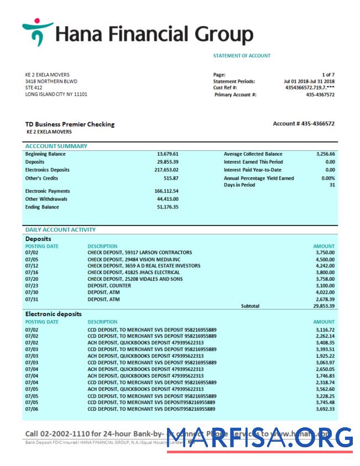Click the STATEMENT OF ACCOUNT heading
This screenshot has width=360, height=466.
point(242,56)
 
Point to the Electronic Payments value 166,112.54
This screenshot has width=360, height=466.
point(166,191)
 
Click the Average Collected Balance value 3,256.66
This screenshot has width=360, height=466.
point(325,154)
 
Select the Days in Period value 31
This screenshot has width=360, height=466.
point(332,185)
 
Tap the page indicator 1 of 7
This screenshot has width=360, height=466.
point(328,75)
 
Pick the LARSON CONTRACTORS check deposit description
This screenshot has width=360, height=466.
point(140,253)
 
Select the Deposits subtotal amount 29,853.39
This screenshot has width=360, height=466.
point(324,306)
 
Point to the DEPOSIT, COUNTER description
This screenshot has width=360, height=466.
point(108,286)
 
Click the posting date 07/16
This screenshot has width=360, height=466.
point(32,273)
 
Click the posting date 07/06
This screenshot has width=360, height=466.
point(32,409)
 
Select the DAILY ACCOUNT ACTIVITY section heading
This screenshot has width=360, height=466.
point(60,229)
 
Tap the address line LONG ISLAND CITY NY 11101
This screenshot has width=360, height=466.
point(56,95)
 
